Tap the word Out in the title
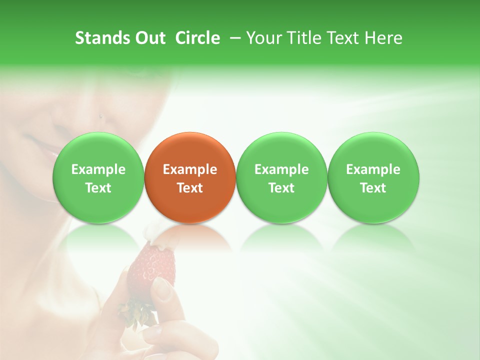148,38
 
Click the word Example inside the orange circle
190,169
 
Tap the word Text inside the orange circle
190,188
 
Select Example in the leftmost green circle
98,169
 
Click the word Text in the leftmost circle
98,188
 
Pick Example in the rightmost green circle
373,169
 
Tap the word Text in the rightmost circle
373,188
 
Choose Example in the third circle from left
281,169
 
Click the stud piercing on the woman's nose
101,117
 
